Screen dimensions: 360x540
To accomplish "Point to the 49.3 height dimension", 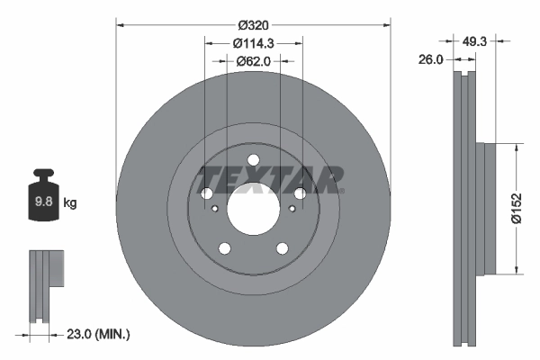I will point(474,40).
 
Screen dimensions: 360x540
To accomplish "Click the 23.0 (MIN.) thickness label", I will point(99,334).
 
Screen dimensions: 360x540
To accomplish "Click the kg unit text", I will point(70,203).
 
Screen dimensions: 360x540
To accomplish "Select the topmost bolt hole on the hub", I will point(253,161).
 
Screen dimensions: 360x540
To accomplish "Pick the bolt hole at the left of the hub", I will point(206,194).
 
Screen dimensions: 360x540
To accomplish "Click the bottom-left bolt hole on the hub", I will point(224,249).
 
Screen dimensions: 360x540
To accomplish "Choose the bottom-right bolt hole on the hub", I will point(282,249).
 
